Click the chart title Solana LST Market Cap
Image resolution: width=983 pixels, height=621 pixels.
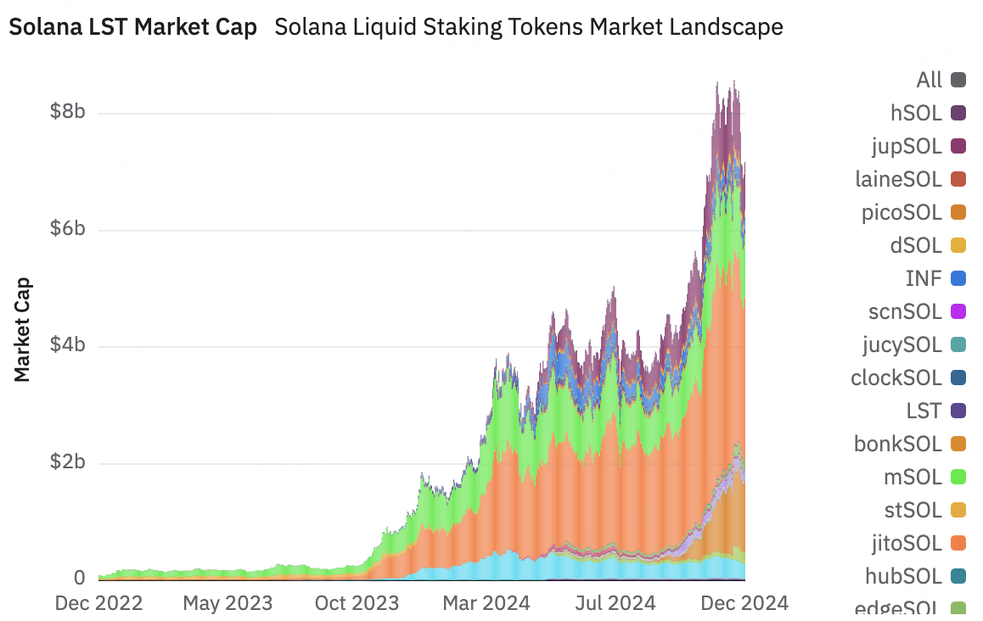(133, 27)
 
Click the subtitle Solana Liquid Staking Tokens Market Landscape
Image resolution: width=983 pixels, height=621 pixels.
(529, 27)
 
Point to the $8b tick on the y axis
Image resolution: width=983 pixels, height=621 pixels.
(68, 111)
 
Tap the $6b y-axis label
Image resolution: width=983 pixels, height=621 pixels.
(68, 228)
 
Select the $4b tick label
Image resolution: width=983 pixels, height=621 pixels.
(68, 344)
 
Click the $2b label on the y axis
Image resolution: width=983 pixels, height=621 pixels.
(68, 462)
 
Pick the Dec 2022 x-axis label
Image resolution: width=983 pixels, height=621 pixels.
(99, 603)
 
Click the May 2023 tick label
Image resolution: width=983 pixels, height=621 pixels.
(227, 603)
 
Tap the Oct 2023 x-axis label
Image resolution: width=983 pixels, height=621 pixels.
(357, 603)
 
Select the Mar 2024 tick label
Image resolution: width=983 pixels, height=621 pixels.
(486, 603)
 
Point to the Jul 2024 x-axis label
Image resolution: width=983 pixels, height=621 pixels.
(615, 603)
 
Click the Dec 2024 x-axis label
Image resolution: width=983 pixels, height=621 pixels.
(744, 603)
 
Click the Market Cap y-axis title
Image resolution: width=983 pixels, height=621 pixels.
(22, 330)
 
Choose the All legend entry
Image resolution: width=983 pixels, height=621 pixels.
(941, 81)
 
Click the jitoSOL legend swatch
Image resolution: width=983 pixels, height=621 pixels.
(958, 543)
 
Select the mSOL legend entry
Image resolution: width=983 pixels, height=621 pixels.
(924, 478)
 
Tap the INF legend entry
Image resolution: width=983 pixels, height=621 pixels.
(935, 279)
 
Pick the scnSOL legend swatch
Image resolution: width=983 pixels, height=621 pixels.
(958, 311)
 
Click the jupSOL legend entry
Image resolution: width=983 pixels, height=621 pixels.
(918, 147)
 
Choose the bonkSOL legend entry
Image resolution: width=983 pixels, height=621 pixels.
(910, 445)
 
